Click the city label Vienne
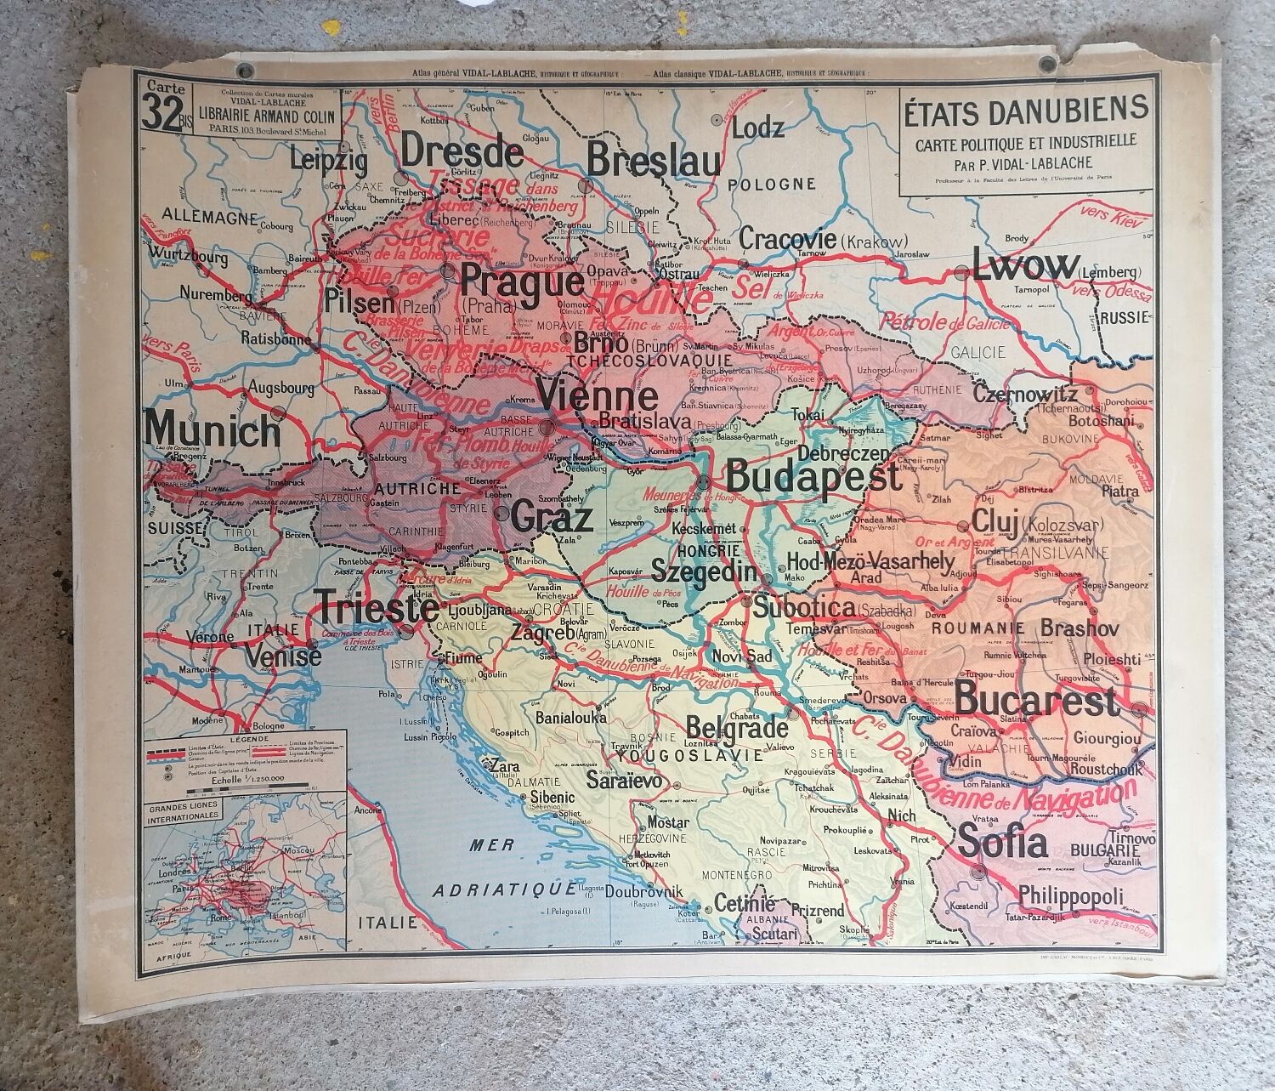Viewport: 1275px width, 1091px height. tap(598, 397)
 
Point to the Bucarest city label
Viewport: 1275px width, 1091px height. tap(1035, 702)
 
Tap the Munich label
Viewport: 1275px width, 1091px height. tap(212, 430)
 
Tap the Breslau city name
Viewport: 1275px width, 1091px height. tap(653, 161)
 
